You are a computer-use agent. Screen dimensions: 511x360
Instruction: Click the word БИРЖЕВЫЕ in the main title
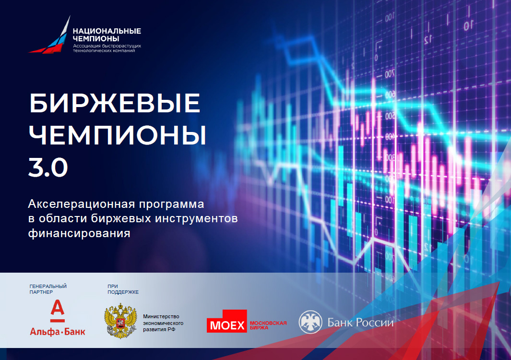coord(115,103)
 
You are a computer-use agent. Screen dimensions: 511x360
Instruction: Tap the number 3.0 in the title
coord(48,167)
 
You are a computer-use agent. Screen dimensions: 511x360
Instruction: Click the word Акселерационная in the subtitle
coord(82,204)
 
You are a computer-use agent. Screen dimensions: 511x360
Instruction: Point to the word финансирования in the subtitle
coord(79,233)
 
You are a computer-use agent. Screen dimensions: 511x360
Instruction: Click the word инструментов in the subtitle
coord(196,218)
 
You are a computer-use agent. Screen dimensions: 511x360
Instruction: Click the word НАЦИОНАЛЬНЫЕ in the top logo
coord(107,31)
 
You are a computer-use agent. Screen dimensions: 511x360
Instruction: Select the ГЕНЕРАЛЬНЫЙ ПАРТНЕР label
coord(48,289)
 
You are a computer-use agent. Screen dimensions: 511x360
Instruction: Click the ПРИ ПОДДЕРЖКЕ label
coord(123,289)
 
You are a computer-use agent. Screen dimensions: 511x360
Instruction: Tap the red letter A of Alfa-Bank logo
coord(58,310)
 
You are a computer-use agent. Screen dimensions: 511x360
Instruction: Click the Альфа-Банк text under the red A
coord(58,332)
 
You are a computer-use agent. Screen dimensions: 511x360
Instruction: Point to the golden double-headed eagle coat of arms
coord(120,321)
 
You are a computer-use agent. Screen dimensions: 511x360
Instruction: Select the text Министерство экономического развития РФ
coord(163,323)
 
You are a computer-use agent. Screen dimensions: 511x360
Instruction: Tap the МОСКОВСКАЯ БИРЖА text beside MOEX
coord(268,325)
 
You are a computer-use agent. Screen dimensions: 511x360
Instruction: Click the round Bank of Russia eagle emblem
coord(310,322)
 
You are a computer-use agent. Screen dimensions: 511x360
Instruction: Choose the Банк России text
coord(360,323)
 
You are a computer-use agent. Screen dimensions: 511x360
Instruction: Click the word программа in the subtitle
coord(172,204)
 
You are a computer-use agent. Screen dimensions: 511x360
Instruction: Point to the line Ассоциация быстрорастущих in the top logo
coord(107,46)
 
